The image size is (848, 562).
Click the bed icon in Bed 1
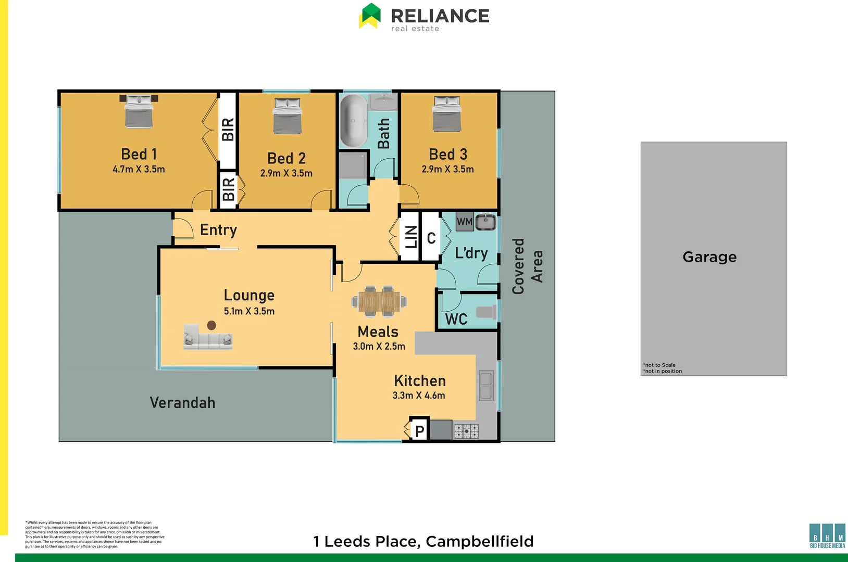coord(139,111)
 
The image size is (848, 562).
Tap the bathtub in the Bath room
coord(353,121)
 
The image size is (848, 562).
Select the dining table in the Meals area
coord(379,301)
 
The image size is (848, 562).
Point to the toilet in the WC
coord(487,312)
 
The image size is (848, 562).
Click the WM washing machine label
coord(465,222)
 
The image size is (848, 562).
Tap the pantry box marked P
coord(419,430)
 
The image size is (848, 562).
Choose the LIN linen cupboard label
coord(411,237)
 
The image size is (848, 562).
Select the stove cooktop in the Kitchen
coord(466,431)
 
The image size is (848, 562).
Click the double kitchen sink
coord(486,386)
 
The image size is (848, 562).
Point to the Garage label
coord(709,257)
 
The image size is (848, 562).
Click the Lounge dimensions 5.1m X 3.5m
coord(249,311)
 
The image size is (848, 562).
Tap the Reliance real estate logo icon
coord(370,16)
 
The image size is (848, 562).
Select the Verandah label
coord(182,403)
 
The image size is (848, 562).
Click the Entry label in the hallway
coord(218,230)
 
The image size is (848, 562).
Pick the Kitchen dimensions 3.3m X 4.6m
coord(419,395)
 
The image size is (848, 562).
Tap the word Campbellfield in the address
coord(480,542)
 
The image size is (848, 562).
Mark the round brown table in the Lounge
coord(211,325)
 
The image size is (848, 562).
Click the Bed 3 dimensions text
coord(447,169)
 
